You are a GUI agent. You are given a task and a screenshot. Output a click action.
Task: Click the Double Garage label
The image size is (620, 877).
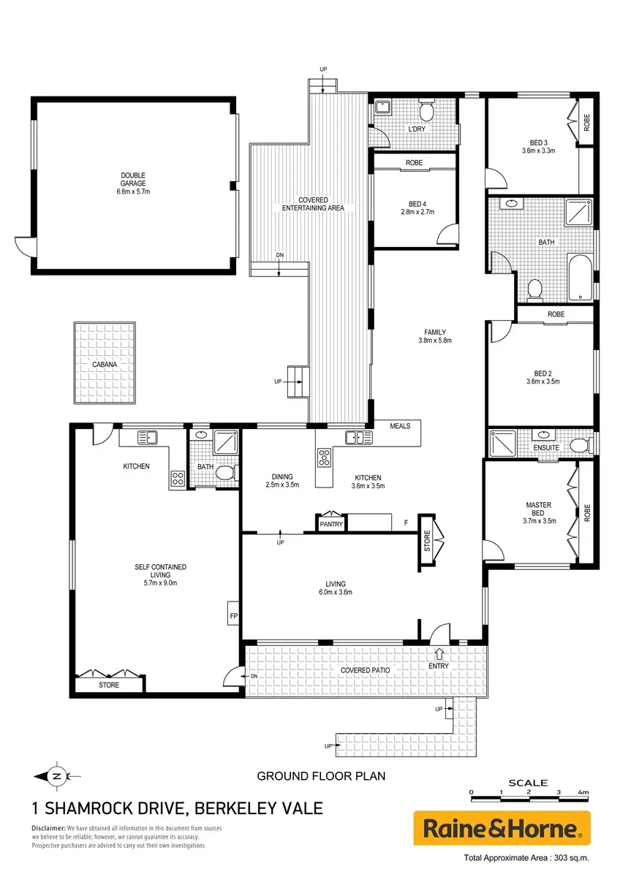point(133,183)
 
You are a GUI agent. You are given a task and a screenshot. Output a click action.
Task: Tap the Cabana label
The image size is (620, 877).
point(105,365)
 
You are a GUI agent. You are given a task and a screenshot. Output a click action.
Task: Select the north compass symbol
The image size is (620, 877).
point(57,776)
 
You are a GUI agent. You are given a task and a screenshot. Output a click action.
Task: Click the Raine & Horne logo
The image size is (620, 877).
point(502,828)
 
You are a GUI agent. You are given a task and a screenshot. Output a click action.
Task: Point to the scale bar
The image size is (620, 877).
point(529,793)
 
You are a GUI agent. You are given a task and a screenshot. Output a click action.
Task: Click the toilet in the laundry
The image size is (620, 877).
point(426,110)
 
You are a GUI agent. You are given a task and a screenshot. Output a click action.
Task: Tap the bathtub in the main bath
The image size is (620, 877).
point(580,278)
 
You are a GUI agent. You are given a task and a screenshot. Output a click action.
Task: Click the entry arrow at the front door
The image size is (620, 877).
point(439,653)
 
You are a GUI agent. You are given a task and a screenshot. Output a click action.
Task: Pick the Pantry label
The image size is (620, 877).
point(331,524)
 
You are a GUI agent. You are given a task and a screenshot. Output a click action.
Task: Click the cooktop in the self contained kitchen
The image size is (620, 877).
point(178,478)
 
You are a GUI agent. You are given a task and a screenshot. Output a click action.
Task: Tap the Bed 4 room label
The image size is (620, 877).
point(417,208)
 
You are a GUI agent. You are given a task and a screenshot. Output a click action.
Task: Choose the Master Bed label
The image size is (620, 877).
point(539,509)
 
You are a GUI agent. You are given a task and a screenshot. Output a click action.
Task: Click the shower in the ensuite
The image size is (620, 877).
point(502,443)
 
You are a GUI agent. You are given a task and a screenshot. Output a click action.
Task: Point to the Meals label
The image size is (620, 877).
point(400,426)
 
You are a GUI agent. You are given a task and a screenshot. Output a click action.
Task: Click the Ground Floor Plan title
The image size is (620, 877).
point(321,776)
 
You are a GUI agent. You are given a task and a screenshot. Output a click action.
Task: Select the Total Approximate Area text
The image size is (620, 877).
point(526,858)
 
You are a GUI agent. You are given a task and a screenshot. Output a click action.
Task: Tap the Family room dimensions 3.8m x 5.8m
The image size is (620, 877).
point(435,341)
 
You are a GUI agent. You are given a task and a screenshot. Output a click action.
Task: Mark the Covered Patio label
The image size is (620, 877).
point(365,670)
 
